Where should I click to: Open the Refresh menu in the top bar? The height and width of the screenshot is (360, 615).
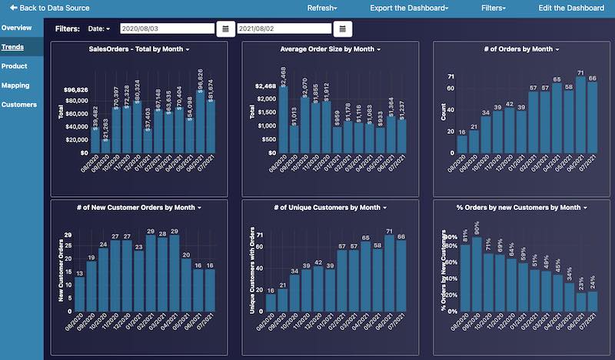pyautogui.click(x=321, y=8)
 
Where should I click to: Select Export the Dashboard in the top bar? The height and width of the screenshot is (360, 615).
pyautogui.click(x=409, y=8)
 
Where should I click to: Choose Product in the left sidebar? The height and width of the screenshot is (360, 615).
pyautogui.click(x=15, y=66)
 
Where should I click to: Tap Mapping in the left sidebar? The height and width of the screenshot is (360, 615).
pyautogui.click(x=15, y=85)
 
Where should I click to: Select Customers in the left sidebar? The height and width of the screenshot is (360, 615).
pyautogui.click(x=18, y=105)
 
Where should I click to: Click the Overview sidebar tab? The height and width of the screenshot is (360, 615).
pyautogui.click(x=16, y=28)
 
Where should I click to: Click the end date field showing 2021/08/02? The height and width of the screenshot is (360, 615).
pyautogui.click(x=282, y=28)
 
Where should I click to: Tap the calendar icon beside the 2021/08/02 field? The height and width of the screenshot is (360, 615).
pyautogui.click(x=343, y=28)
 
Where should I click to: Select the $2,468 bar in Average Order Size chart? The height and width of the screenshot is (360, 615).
pyautogui.click(x=283, y=119)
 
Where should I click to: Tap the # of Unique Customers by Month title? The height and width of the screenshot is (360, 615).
pyautogui.click(x=330, y=208)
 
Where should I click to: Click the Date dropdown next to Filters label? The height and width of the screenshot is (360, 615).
pyautogui.click(x=99, y=28)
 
